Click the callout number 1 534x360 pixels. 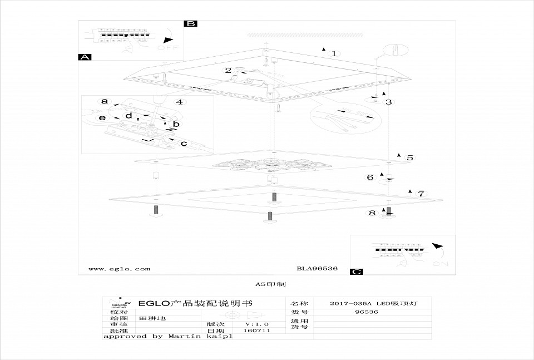click(334, 54)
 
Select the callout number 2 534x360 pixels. click(228, 70)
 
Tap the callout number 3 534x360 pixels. click(389, 102)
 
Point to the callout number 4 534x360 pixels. click(179, 102)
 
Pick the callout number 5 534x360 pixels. click(409, 157)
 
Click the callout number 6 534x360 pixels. click(370, 177)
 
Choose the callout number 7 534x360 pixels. click(421, 194)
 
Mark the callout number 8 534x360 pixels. click(372, 212)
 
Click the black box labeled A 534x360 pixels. click(85, 57)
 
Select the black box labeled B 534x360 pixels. click(191, 23)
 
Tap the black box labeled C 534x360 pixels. click(357, 272)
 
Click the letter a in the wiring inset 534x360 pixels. click(104, 101)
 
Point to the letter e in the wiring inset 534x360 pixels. click(102, 118)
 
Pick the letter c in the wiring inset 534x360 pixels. click(184, 143)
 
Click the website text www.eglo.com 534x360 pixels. click(119, 269)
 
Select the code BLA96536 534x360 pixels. click(317, 269)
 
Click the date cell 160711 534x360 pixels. click(256, 331)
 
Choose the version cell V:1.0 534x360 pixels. click(257, 323)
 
